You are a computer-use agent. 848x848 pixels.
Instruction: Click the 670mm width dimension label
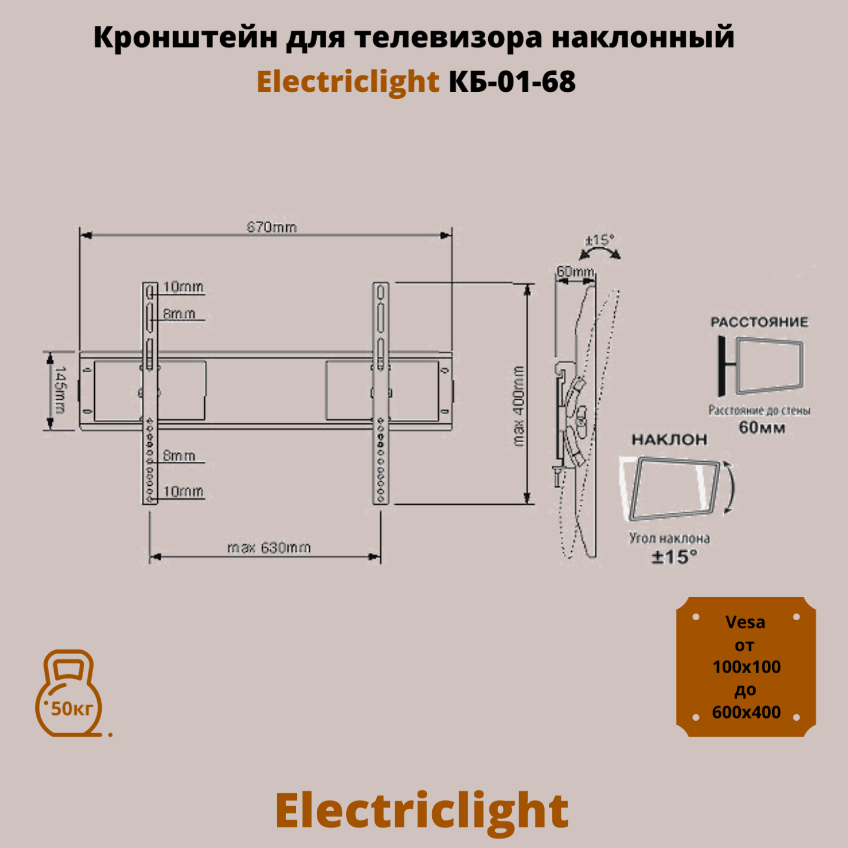tap(271, 227)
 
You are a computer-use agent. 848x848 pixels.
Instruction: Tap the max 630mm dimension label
tap(269, 548)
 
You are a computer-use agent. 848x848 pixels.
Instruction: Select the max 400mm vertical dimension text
tap(518, 406)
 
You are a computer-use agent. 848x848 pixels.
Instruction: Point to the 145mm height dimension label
tap(60, 390)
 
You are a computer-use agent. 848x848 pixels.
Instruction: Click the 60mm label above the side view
tap(575, 271)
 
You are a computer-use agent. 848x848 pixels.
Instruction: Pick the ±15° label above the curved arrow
tap(599, 240)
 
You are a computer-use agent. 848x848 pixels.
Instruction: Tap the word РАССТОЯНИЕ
tap(759, 322)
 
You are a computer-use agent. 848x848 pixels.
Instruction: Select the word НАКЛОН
tap(669, 439)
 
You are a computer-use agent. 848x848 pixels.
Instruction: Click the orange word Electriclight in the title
tap(347, 81)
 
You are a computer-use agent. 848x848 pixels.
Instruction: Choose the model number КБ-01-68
tap(512, 81)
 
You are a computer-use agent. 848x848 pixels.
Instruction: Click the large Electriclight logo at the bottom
tap(422, 810)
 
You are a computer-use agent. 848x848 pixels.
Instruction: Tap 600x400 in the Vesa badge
tap(746, 713)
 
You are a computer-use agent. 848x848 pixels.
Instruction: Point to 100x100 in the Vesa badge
tap(746, 667)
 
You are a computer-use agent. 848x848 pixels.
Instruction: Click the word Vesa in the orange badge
tap(745, 622)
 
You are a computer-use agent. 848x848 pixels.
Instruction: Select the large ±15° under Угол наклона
tap(674, 556)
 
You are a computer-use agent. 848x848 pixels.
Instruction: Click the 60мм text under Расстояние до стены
tap(762, 428)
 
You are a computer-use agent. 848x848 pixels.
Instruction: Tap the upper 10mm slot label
tap(183, 287)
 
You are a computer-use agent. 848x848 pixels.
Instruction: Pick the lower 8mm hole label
tap(179, 456)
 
